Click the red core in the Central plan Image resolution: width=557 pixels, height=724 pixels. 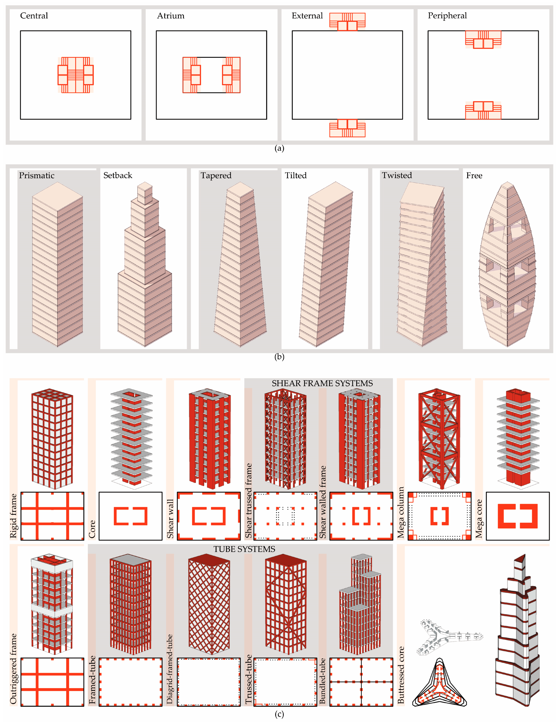[76, 75]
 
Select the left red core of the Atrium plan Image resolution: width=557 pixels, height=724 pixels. [192, 75]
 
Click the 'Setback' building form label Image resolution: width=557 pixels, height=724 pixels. [118, 175]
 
